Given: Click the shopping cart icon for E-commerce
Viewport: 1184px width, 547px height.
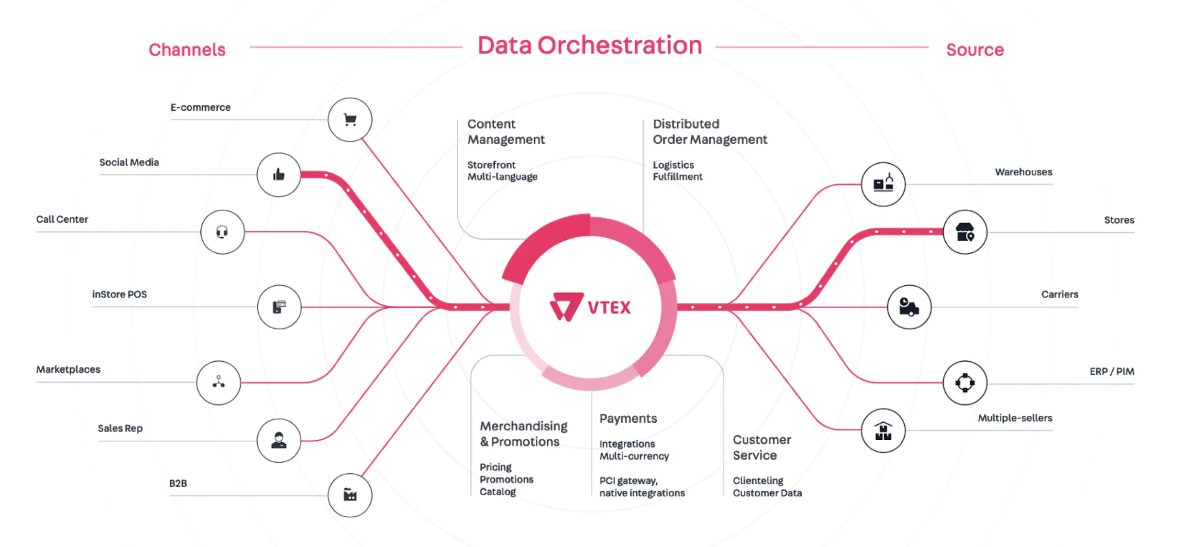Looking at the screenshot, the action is [350, 119].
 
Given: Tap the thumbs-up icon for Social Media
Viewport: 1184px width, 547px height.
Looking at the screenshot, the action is [278, 174].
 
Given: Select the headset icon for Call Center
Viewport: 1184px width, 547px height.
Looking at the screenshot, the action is [222, 232].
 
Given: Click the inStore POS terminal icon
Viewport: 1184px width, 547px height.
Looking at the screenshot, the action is [279, 307].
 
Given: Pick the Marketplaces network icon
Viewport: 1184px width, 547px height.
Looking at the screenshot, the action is [219, 382].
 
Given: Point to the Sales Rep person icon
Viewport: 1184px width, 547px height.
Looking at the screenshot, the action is [279, 440].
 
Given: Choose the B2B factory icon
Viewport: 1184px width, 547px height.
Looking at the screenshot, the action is [350, 495].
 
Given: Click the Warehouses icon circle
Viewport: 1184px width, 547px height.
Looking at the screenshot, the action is [883, 184].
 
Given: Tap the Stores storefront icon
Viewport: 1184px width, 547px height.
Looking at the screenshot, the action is [965, 232].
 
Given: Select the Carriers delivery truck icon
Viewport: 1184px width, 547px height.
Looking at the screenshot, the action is [909, 307].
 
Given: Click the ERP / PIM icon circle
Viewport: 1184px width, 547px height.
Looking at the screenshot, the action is [965, 383].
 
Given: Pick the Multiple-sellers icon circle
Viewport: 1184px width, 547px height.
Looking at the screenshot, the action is [883, 431].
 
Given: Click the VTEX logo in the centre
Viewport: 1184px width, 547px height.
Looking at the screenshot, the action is [590, 307].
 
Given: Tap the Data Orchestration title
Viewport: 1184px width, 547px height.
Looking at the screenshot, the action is [590, 46].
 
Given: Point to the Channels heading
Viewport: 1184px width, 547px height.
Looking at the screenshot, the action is [187, 50].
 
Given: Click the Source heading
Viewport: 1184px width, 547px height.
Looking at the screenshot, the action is [975, 50].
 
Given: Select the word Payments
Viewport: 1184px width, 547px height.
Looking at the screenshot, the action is [628, 418].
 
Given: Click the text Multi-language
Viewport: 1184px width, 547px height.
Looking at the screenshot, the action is [503, 177].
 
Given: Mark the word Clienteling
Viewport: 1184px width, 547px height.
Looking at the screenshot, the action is [758, 481].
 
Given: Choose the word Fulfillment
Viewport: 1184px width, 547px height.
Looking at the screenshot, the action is [678, 177].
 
